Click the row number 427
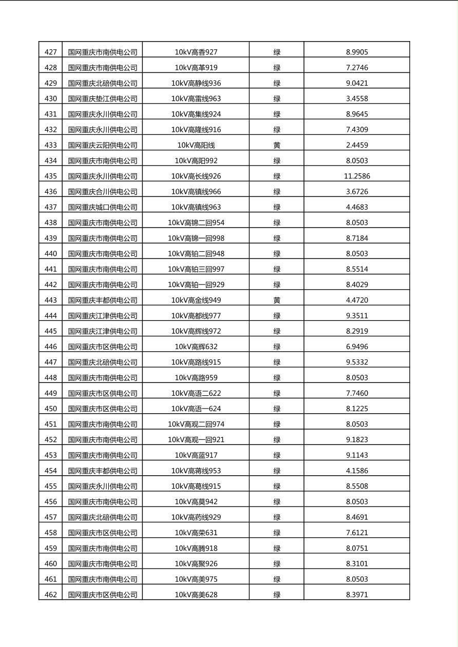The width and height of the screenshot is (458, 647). click(x=51, y=52)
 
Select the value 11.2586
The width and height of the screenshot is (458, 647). click(x=357, y=176)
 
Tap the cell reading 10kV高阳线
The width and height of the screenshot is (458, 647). click(x=196, y=145)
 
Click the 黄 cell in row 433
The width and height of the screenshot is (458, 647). click(x=277, y=145)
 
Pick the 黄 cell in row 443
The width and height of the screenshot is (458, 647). click(x=277, y=300)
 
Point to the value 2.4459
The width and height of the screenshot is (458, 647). click(x=357, y=145)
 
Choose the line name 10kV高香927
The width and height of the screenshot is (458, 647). click(x=196, y=52)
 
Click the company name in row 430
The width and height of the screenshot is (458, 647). click(x=103, y=98)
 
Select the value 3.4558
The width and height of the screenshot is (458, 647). click(x=357, y=98)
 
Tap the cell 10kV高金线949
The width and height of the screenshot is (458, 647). click(x=196, y=300)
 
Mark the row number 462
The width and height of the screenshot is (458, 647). click(x=51, y=595)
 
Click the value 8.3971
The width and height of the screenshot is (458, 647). click(x=357, y=595)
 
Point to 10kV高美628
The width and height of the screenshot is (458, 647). click(x=196, y=595)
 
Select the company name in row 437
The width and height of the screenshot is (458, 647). click(x=103, y=207)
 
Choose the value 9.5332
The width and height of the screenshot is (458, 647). click(x=357, y=362)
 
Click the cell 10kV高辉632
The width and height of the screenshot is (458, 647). click(x=196, y=347)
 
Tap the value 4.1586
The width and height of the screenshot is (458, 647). click(x=357, y=471)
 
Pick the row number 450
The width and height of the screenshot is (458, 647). click(x=51, y=409)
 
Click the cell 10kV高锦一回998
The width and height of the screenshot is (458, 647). click(x=196, y=238)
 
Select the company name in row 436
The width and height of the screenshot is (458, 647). click(x=103, y=192)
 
